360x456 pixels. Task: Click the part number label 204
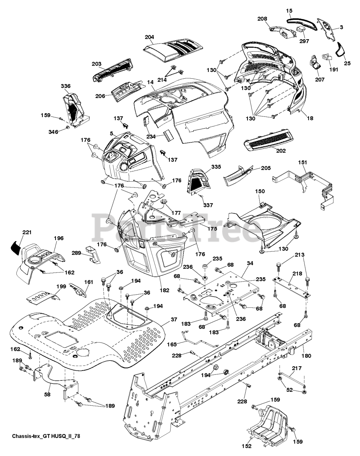click(x=150, y=37)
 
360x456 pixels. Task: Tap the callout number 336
click(x=66, y=86)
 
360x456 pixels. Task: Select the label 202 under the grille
click(x=281, y=151)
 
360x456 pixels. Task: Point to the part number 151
click(x=302, y=162)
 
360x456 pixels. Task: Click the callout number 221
click(x=27, y=232)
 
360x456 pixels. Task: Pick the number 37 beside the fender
click(x=173, y=320)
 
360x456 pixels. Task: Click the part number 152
click(x=247, y=446)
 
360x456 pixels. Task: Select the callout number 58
click(x=47, y=394)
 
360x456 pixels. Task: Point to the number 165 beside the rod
click(x=172, y=345)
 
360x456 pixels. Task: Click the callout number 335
click(x=206, y=167)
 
